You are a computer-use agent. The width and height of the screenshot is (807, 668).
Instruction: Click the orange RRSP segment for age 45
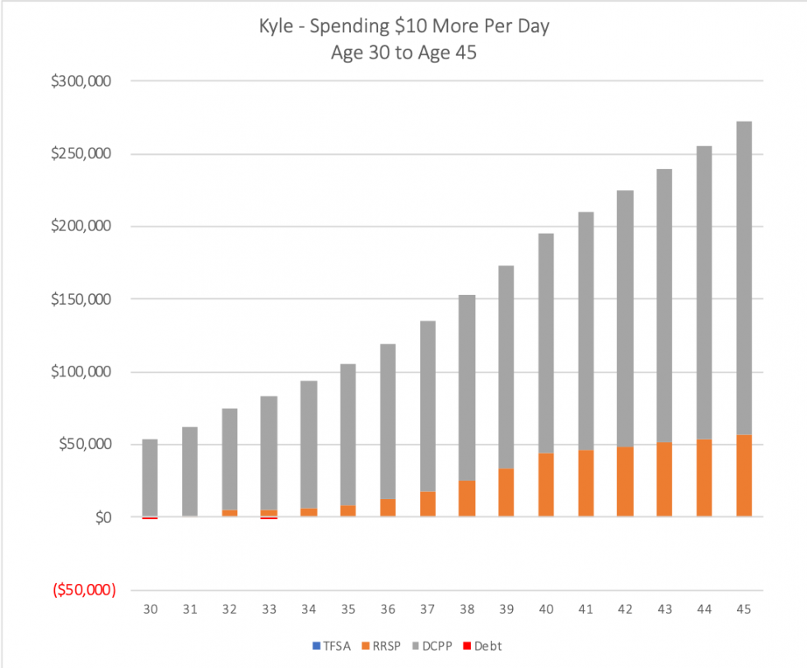pos(744,475)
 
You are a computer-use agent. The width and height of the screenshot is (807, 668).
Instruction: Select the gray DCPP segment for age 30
pos(150,478)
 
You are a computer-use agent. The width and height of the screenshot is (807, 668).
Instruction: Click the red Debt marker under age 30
pos(150,518)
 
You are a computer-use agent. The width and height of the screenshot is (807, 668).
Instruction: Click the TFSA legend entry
pos(338,646)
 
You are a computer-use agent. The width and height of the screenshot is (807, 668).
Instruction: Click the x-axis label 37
pos(427,610)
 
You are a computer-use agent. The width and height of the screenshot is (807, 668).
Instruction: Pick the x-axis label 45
pos(744,610)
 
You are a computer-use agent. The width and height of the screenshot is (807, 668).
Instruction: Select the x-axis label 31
pos(189,610)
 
